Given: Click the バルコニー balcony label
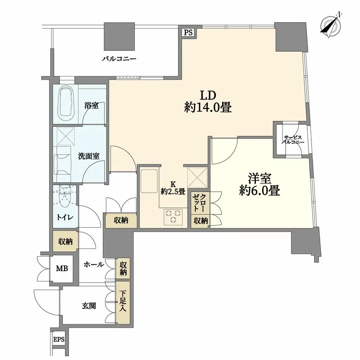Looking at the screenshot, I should tap(119, 59).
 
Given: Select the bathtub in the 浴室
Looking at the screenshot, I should tap(65, 102).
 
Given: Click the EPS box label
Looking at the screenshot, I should tap(58, 340).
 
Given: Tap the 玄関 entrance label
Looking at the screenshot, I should tap(88, 306).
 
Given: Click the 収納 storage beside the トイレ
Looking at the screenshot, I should tap(65, 241).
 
